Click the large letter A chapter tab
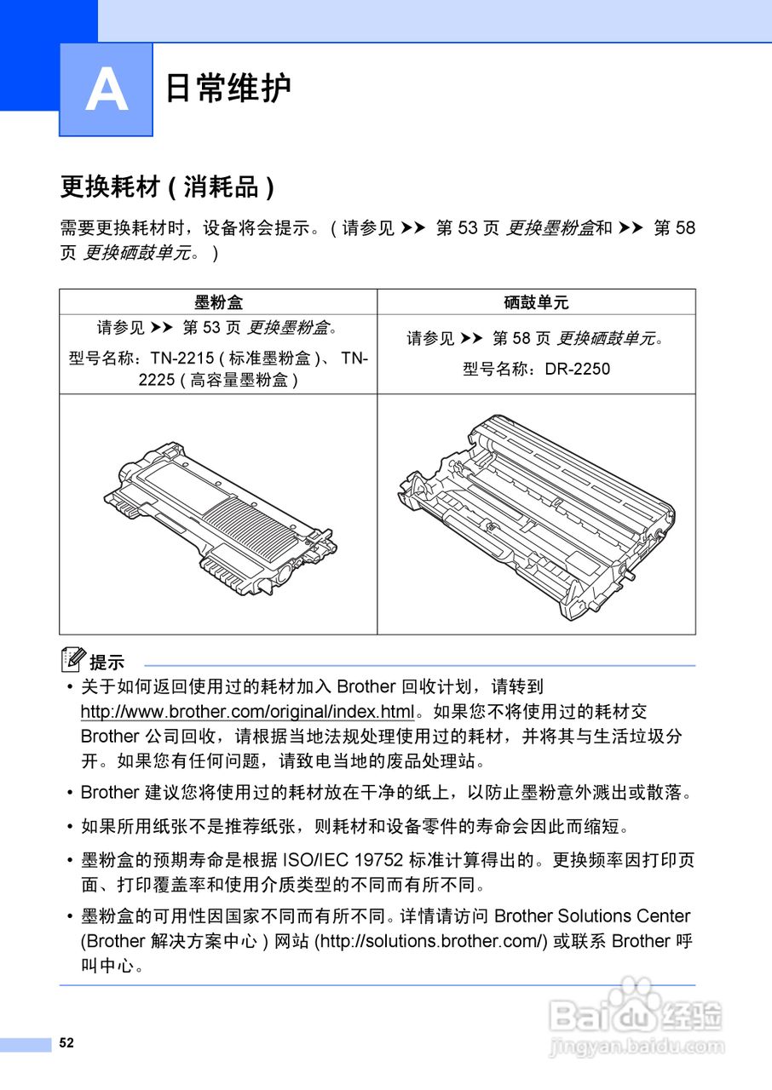(106, 89)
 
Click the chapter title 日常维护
(228, 89)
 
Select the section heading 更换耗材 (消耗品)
(167, 186)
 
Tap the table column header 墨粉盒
(218, 301)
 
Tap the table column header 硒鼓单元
(536, 301)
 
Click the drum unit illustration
(537, 515)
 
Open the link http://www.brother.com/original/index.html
(247, 711)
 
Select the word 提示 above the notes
(107, 663)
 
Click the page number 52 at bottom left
(66, 1043)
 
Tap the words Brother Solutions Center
(592, 916)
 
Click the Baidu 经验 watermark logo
(635, 1013)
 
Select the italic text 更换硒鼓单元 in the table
(607, 338)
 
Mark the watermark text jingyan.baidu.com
(637, 1047)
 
